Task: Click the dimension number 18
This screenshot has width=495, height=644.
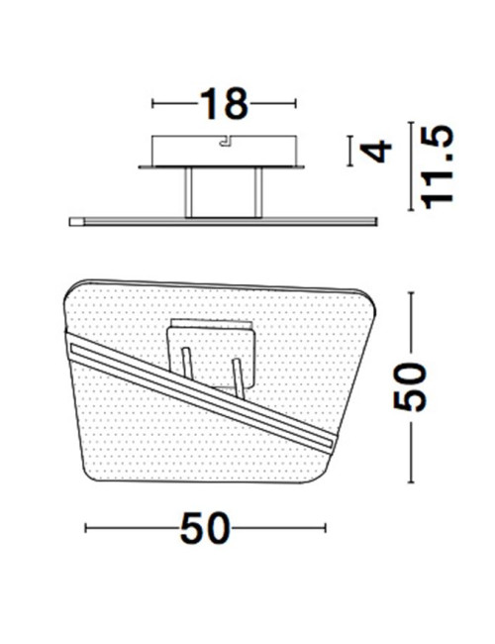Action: tap(224, 103)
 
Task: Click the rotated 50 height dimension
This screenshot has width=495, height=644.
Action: tap(410, 386)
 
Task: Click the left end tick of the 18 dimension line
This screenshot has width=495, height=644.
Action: tap(152, 103)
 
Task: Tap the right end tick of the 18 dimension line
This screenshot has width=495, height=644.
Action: tap(296, 103)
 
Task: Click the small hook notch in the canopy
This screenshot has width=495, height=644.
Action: tap(227, 141)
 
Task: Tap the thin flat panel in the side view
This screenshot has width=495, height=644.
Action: tap(223, 220)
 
